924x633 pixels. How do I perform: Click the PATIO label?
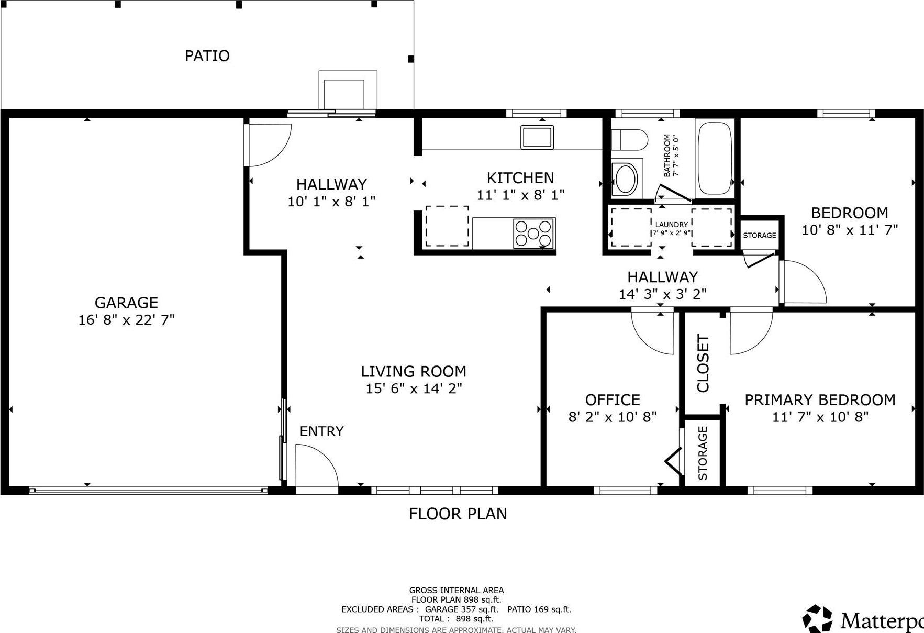[207, 55]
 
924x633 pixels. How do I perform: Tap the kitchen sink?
[537, 137]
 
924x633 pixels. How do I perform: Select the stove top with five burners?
[533, 234]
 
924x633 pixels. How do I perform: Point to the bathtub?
[715, 158]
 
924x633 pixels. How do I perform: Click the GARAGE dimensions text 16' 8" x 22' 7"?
[126, 320]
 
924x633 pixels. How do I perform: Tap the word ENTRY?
[321, 431]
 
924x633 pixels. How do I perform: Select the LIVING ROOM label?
[414, 372]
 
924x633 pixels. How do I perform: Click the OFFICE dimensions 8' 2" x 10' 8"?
[613, 417]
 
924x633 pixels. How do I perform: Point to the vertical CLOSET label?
[703, 363]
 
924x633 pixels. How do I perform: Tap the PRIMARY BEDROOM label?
[820, 400]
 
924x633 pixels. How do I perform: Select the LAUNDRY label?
[672, 225]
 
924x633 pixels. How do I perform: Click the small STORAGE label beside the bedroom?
[760, 236]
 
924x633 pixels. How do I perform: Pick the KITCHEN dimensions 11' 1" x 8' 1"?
[520, 195]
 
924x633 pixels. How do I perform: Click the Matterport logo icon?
[818, 618]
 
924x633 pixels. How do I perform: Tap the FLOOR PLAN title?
[458, 514]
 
